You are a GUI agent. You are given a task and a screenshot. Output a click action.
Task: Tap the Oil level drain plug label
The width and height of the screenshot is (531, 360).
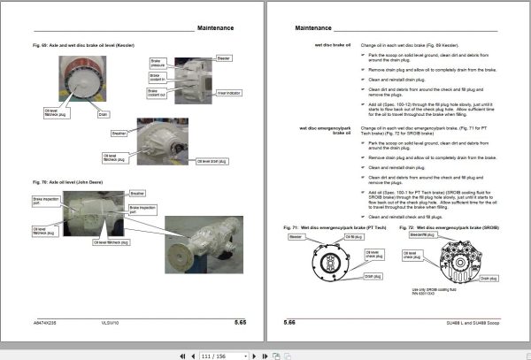pos(212,162)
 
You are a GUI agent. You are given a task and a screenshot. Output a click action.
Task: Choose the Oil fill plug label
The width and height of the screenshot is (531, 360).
pos(350,237)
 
